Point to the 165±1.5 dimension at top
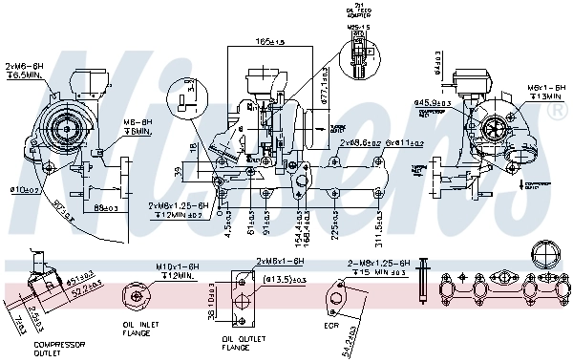coord(269,43)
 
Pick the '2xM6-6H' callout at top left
coord(24,66)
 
